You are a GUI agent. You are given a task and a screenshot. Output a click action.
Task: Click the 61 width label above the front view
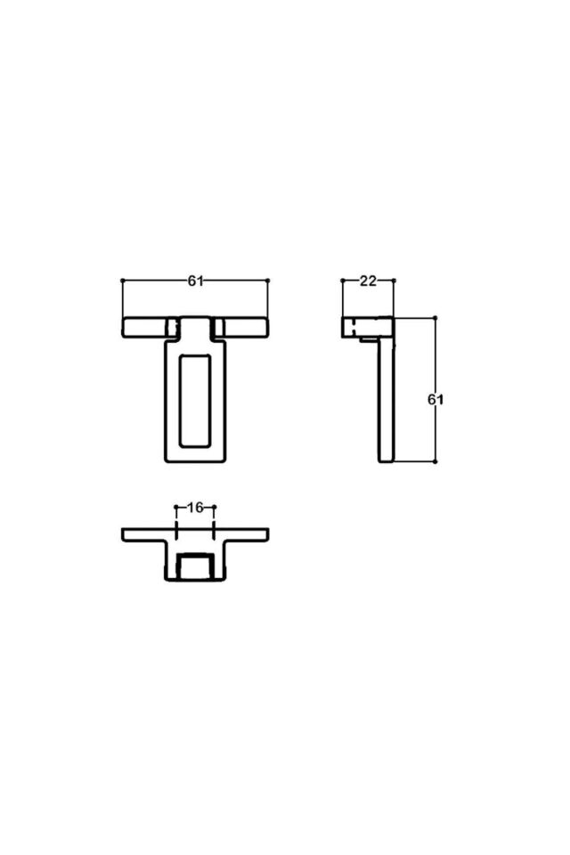(x=196, y=281)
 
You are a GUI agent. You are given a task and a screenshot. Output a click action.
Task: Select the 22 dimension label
(x=368, y=281)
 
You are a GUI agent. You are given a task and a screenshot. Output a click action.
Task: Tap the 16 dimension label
(x=196, y=508)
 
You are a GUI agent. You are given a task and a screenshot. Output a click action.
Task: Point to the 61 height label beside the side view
(x=435, y=400)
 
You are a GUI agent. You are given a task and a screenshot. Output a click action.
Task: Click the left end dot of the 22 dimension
(x=342, y=281)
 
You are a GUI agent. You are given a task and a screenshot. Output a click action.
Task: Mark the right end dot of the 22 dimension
(x=394, y=281)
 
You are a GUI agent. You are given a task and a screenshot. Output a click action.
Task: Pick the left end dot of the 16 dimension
(x=176, y=508)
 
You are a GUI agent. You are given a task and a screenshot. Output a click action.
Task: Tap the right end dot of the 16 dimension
(x=215, y=508)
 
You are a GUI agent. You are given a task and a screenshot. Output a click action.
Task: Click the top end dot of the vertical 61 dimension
(x=435, y=318)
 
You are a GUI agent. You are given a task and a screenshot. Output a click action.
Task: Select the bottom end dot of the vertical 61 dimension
(x=435, y=461)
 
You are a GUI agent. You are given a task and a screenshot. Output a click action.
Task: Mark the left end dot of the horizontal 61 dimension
(x=122, y=281)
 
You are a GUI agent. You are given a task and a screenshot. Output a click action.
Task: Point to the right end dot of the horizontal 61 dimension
(x=267, y=281)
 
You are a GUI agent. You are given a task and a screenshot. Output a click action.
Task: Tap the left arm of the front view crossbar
(x=143, y=327)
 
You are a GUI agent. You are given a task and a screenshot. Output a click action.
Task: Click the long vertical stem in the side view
(x=385, y=401)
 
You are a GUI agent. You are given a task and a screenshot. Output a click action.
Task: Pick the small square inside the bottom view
(x=195, y=566)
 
